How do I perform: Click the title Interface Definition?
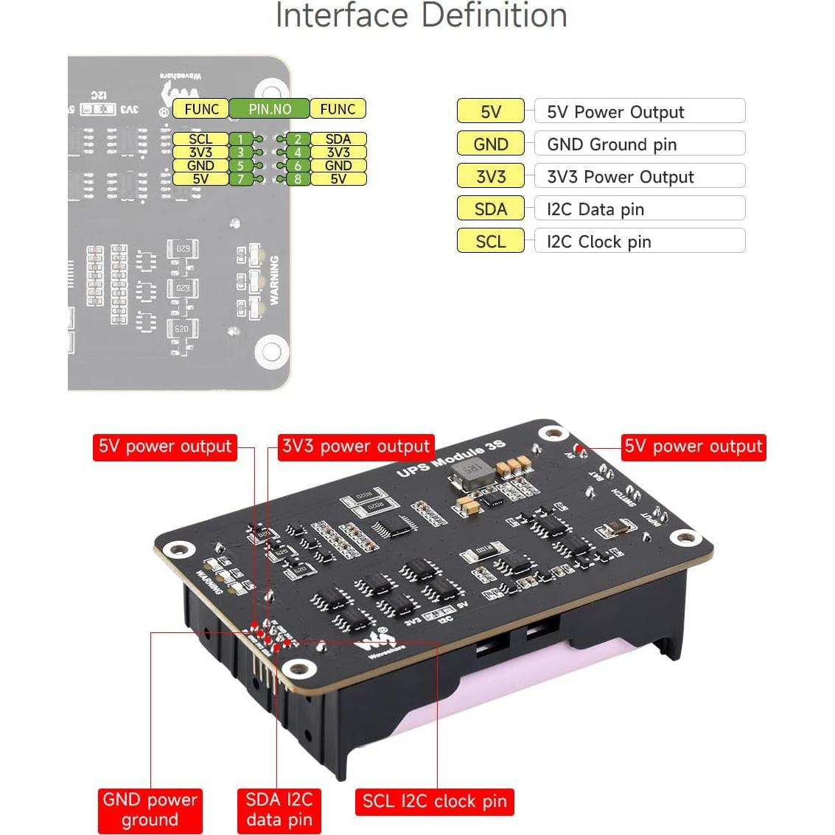pos(421,16)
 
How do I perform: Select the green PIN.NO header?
pos(270,109)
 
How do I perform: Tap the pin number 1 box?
pos(240,139)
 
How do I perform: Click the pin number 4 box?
pos(298,153)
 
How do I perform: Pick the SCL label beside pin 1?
pos(200,139)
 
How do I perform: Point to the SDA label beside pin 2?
pos(338,139)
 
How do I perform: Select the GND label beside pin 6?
pos(338,166)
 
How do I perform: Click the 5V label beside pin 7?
pos(200,178)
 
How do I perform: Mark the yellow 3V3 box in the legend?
pos(491,177)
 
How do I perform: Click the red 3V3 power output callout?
pos(356,447)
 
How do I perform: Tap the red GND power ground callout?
pos(150,810)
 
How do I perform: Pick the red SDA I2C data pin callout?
pos(279,810)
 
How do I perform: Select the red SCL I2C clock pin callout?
pos(435,802)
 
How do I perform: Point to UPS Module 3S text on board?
pos(451,458)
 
